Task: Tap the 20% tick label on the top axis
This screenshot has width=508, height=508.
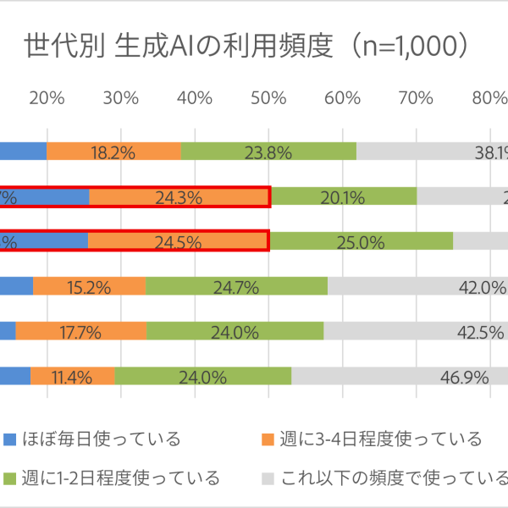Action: coord(47,97)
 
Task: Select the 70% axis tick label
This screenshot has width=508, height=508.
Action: coord(416,97)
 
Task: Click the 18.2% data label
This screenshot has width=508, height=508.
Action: coord(113,152)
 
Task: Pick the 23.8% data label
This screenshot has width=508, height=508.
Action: coord(268,152)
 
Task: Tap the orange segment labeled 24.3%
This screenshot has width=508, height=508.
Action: coord(179,197)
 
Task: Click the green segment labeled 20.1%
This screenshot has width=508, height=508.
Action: coord(344,197)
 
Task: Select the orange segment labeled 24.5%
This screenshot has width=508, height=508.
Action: coord(178,241)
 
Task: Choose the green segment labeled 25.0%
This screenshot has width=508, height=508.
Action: coord(361,241)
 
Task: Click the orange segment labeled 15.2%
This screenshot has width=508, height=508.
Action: coord(90,286)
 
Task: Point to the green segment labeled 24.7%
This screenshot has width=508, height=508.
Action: coord(236,286)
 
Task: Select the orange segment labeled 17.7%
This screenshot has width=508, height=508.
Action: coord(81,331)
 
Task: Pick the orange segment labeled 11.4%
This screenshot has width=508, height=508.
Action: coord(72,376)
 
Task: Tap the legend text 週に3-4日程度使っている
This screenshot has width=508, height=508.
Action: coord(381,439)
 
